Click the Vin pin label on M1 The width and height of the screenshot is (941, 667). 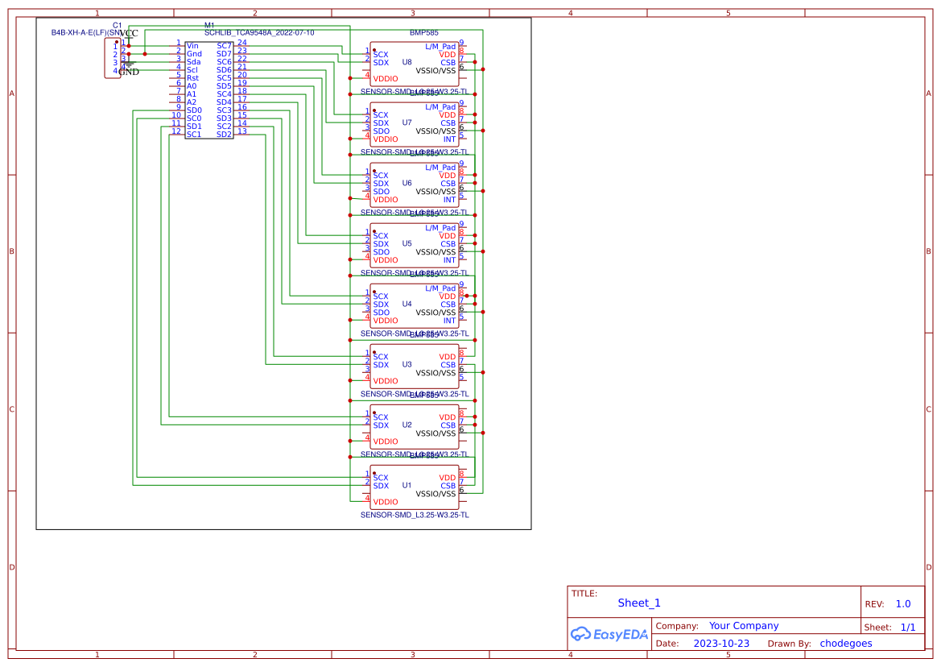(192, 46)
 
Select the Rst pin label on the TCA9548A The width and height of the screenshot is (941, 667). (192, 78)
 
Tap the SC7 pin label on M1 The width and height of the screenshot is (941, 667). (224, 46)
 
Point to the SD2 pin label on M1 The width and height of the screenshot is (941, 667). (224, 135)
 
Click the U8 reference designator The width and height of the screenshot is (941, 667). (407, 62)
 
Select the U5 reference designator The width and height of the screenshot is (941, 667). (407, 243)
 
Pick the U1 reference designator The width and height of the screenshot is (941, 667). (407, 485)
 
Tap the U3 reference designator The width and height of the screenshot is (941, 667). (407, 364)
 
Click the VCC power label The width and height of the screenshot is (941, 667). (129, 33)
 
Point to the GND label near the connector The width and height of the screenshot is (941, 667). (129, 72)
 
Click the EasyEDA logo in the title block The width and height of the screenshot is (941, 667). (609, 634)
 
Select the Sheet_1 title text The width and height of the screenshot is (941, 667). (639, 603)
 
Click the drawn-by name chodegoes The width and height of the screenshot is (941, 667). (845, 644)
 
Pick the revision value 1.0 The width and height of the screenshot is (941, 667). (902, 604)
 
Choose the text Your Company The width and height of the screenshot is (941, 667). (744, 626)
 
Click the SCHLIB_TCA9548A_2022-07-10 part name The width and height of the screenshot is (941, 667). (259, 32)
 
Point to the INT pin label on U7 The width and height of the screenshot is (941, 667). (449, 139)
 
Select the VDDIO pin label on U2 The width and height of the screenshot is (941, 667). (386, 441)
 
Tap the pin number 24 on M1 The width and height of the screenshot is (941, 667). (241, 42)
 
